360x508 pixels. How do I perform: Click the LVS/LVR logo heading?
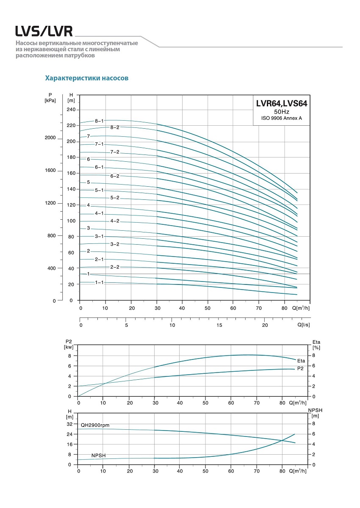[x=44, y=31]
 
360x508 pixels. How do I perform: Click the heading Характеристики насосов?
[x=87, y=78]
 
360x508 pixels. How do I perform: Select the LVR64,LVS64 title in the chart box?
[x=281, y=103]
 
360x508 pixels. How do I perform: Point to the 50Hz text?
[x=282, y=111]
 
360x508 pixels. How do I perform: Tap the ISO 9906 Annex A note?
[x=281, y=118]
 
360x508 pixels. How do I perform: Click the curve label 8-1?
[x=99, y=121]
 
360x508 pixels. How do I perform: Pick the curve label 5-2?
[x=115, y=198]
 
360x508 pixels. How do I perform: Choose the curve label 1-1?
[x=99, y=282]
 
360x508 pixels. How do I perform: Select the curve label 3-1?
[x=99, y=236]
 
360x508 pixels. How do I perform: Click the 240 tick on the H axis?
[x=71, y=110]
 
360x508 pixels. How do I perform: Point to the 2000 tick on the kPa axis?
[x=50, y=138]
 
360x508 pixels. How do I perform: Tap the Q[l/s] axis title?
[x=303, y=325]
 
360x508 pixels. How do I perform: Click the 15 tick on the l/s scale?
[x=219, y=325]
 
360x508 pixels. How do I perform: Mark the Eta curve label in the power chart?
[x=301, y=361]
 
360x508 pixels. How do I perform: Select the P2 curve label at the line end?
[x=300, y=369]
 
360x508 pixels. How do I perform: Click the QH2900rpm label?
[x=95, y=425]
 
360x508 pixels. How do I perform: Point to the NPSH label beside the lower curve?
[x=98, y=456]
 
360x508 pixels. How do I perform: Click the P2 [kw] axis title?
[x=69, y=344]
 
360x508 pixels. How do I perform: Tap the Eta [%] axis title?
[x=316, y=344]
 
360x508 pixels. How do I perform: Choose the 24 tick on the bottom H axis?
[x=69, y=434]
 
